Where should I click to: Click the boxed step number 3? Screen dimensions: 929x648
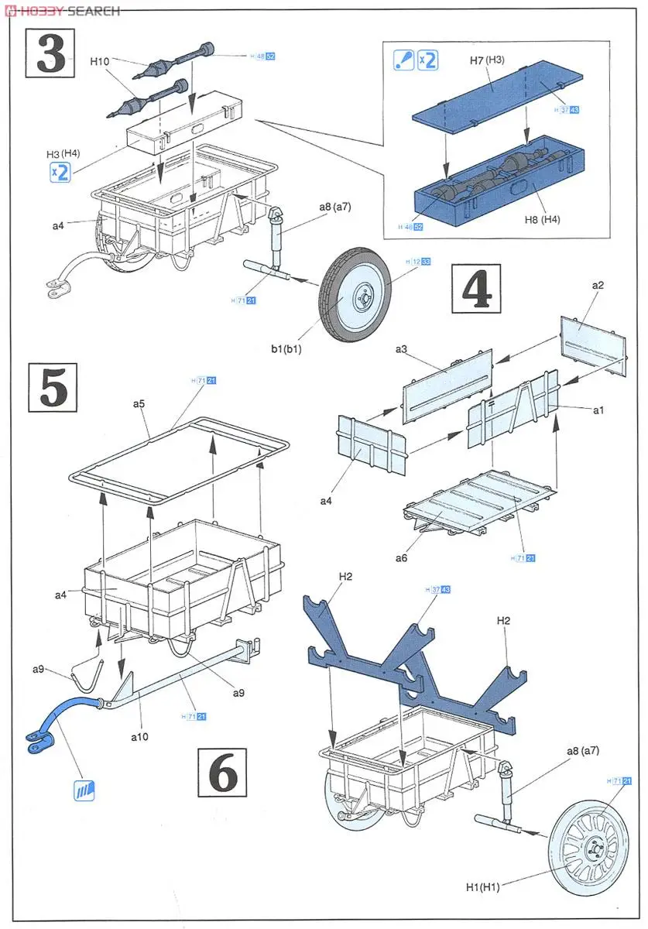51,53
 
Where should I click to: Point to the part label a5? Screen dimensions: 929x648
139,403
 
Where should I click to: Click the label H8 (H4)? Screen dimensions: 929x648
540,219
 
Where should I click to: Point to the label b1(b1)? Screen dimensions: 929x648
286,349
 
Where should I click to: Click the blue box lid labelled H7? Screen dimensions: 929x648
495,101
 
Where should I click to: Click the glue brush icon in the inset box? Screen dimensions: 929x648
403,60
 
